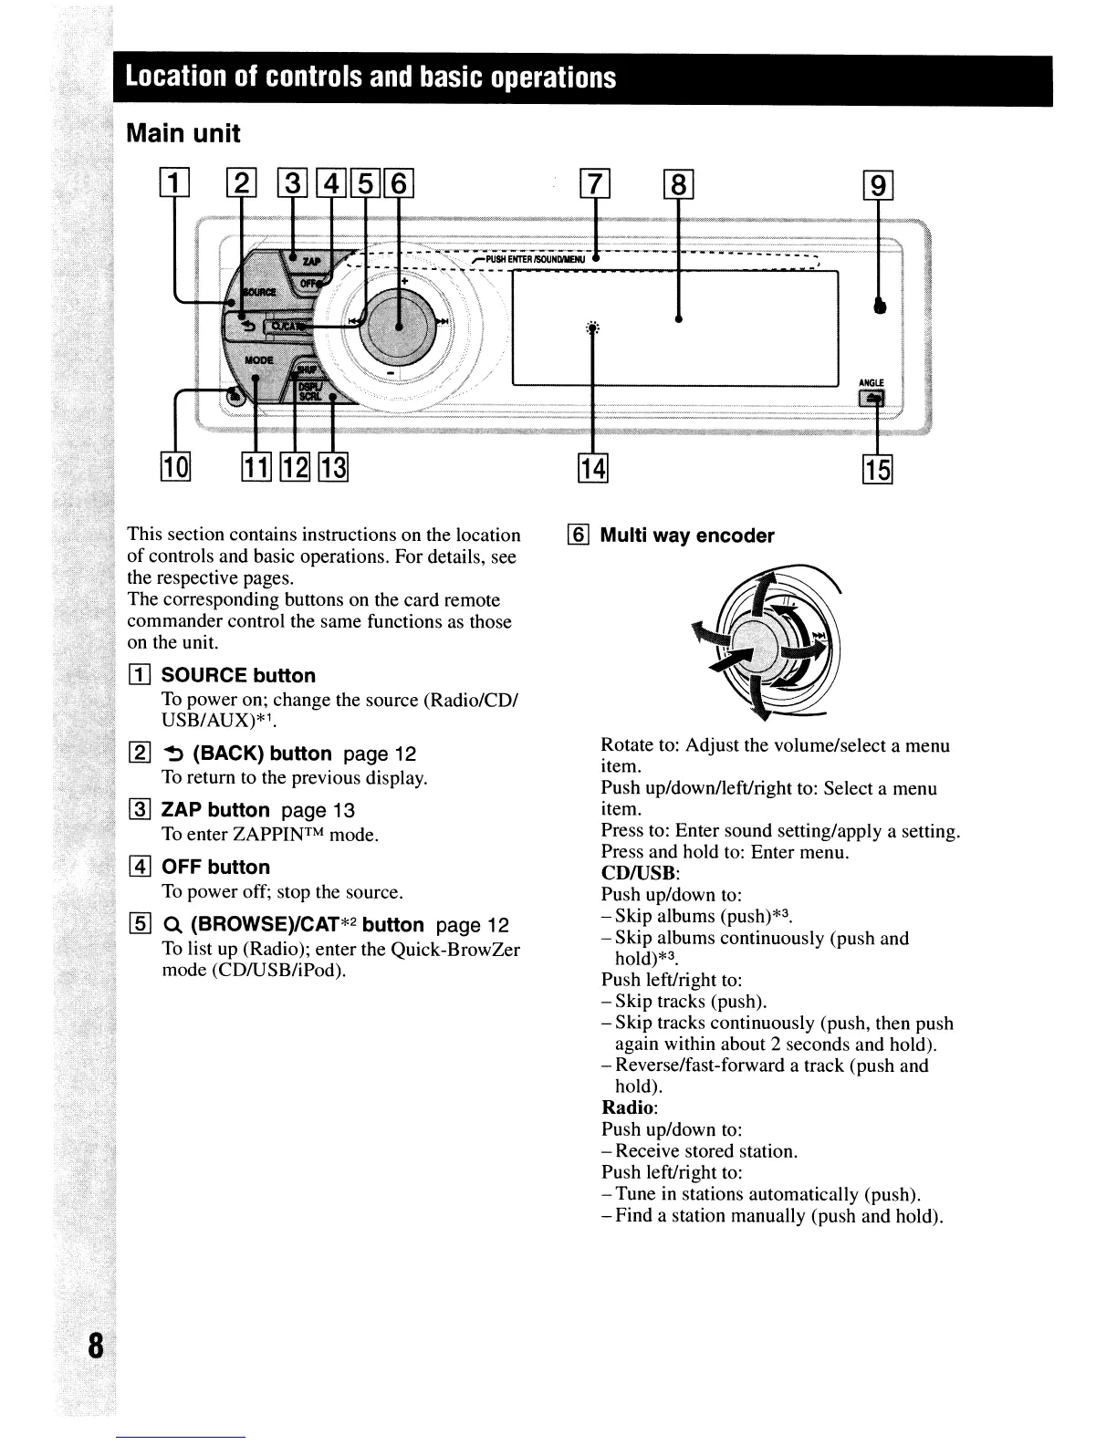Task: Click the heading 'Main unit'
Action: click(x=183, y=133)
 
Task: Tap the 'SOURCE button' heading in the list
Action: click(x=237, y=676)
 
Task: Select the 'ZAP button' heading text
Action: click(x=215, y=810)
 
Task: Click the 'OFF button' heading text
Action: click(x=215, y=868)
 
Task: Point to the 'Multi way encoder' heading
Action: click(x=686, y=536)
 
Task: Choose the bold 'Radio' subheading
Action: click(x=628, y=1108)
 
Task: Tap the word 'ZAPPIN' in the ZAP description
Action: click(x=270, y=834)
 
